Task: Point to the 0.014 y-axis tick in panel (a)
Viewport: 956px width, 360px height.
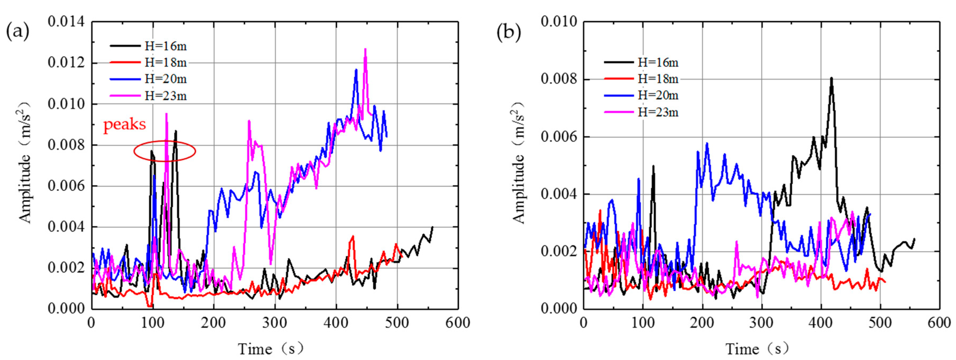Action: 66,22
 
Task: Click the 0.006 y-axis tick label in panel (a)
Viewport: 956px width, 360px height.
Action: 66,186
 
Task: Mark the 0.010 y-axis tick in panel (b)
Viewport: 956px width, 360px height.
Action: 559,22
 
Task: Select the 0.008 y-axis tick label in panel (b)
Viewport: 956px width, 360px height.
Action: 559,79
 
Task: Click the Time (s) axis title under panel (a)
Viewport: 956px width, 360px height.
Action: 271,349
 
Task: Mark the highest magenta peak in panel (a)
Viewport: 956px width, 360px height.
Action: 365,49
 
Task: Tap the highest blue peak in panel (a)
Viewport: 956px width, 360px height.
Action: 356,69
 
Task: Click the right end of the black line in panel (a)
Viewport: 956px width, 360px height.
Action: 432,227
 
